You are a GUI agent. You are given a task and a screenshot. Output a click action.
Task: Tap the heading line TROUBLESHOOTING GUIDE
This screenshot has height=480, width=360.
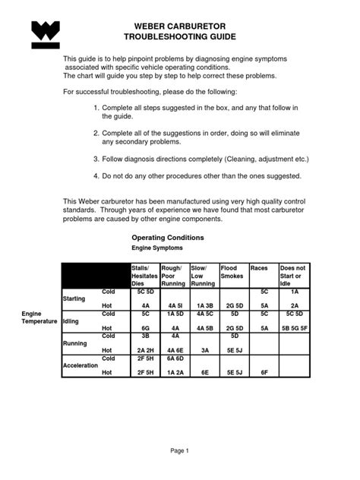pyautogui.click(x=180, y=37)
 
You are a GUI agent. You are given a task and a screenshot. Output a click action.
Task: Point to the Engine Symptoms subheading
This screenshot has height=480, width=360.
pyautogui.click(x=157, y=248)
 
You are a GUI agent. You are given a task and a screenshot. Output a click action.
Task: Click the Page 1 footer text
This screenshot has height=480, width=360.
pyautogui.click(x=180, y=450)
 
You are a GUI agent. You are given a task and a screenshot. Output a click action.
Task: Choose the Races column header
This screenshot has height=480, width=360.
pyautogui.click(x=259, y=268)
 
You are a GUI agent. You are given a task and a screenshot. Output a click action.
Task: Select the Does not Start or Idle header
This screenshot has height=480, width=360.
pyautogui.click(x=293, y=276)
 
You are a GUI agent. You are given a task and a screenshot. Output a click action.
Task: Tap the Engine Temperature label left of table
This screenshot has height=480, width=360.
pyautogui.click(x=39, y=317)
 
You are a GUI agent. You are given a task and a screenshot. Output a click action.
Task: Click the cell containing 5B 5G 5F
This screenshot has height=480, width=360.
pyautogui.click(x=294, y=328)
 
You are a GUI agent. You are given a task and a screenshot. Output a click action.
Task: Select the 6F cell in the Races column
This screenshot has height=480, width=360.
pyautogui.click(x=264, y=372)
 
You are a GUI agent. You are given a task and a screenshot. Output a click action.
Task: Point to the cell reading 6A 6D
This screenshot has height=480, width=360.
pyautogui.click(x=175, y=358)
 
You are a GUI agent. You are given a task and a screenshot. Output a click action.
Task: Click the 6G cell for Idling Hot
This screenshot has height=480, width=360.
pyautogui.click(x=144, y=328)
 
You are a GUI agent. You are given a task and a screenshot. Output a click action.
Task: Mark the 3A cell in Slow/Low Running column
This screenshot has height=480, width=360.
pyautogui.click(x=204, y=350)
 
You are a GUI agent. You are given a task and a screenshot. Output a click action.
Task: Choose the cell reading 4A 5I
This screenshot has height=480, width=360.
pyautogui.click(x=175, y=306)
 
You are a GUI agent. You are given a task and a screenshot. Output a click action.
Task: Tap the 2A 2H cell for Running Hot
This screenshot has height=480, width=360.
pyautogui.click(x=144, y=350)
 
